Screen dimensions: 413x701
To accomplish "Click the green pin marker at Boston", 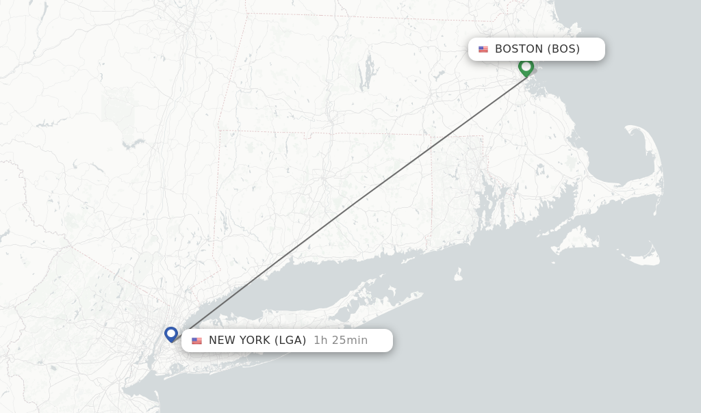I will tap(526, 67).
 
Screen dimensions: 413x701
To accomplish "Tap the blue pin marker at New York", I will tap(171, 334).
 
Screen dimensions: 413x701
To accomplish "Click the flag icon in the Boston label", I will tap(483, 49).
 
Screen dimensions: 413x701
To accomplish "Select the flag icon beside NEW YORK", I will tap(196, 341).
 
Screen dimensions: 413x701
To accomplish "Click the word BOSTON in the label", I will tap(519, 49).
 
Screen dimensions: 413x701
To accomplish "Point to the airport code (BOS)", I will tap(563, 49).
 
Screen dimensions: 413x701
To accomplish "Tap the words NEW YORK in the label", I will tap(239, 341).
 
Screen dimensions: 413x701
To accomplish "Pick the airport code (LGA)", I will tap(290, 341).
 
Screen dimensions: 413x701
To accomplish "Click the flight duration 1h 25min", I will tap(340, 341).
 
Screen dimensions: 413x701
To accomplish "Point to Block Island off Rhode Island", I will tap(458, 274).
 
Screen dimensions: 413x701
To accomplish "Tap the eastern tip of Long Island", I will tap(422, 294).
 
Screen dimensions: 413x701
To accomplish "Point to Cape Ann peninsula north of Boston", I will tap(574, 29).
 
